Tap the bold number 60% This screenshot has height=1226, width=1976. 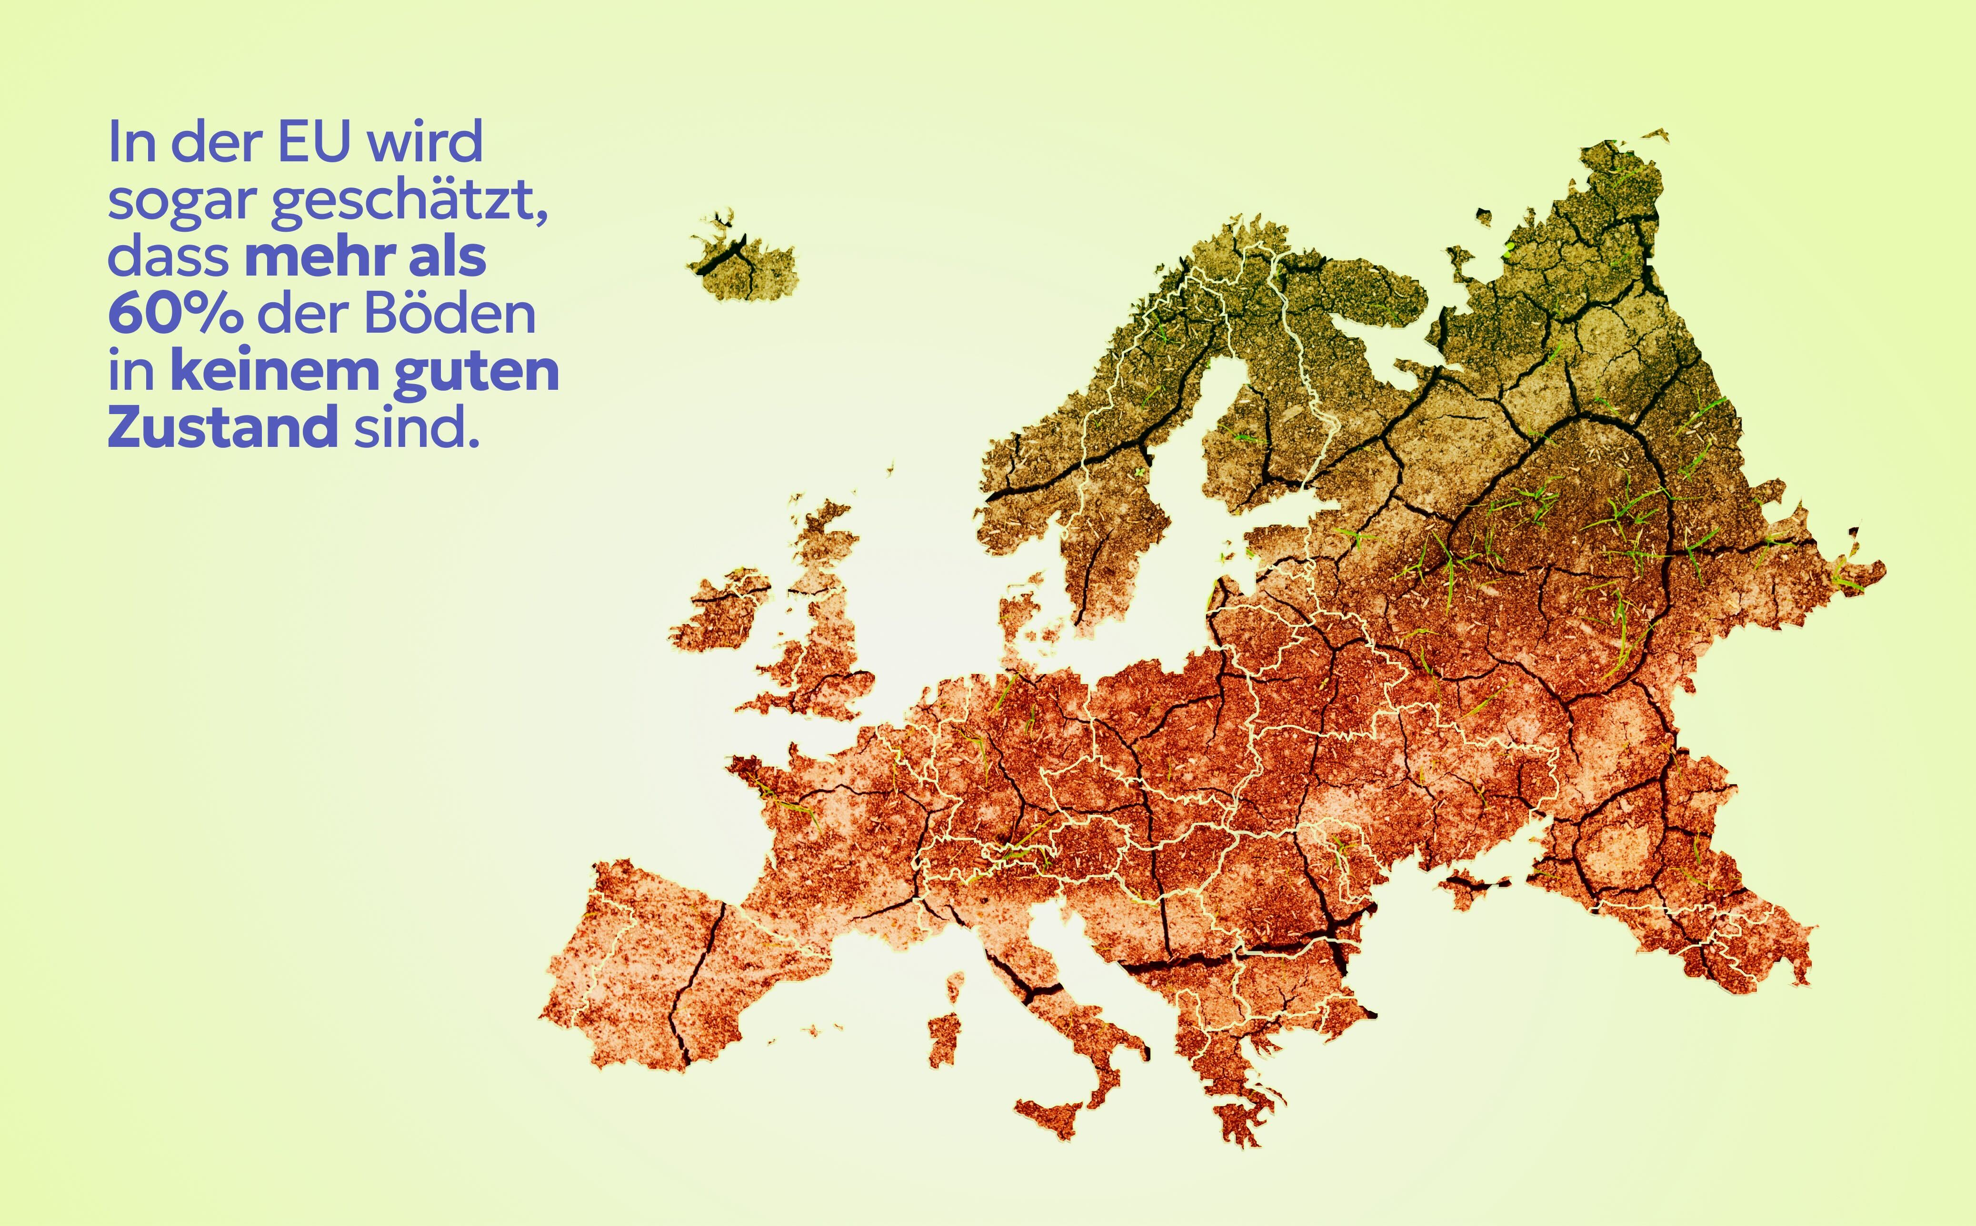coord(174,314)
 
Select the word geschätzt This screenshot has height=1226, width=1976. coord(409,201)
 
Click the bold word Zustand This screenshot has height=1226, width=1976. coord(222,427)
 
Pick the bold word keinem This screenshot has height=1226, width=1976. coord(275,371)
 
